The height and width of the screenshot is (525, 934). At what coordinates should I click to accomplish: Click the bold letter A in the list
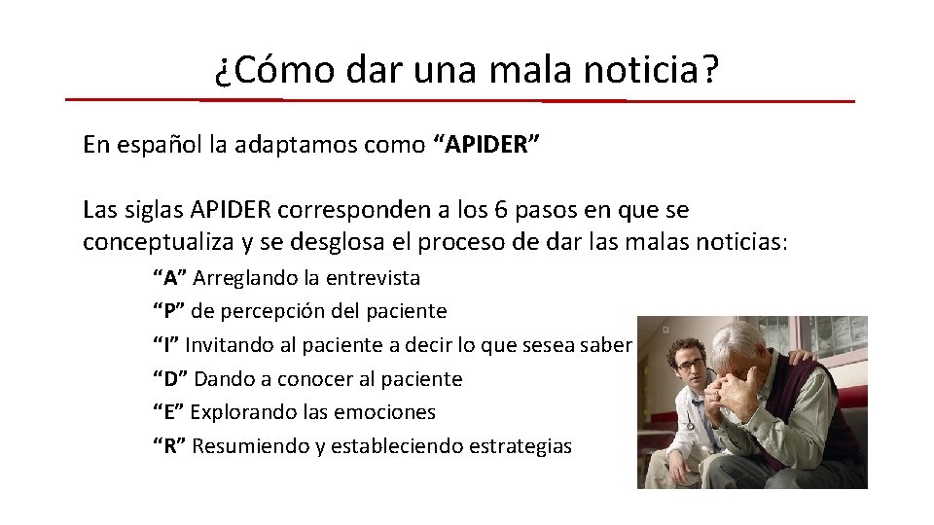click(170, 278)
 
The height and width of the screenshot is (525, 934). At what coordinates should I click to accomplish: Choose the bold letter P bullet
click(169, 311)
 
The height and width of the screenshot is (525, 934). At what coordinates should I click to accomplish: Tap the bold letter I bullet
click(166, 345)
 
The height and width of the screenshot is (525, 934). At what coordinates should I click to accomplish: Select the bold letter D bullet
click(170, 378)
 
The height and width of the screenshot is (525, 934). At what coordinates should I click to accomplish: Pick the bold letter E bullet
click(169, 412)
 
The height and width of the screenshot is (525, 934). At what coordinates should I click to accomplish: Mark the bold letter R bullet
click(170, 446)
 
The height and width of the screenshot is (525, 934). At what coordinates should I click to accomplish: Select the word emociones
click(385, 412)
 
